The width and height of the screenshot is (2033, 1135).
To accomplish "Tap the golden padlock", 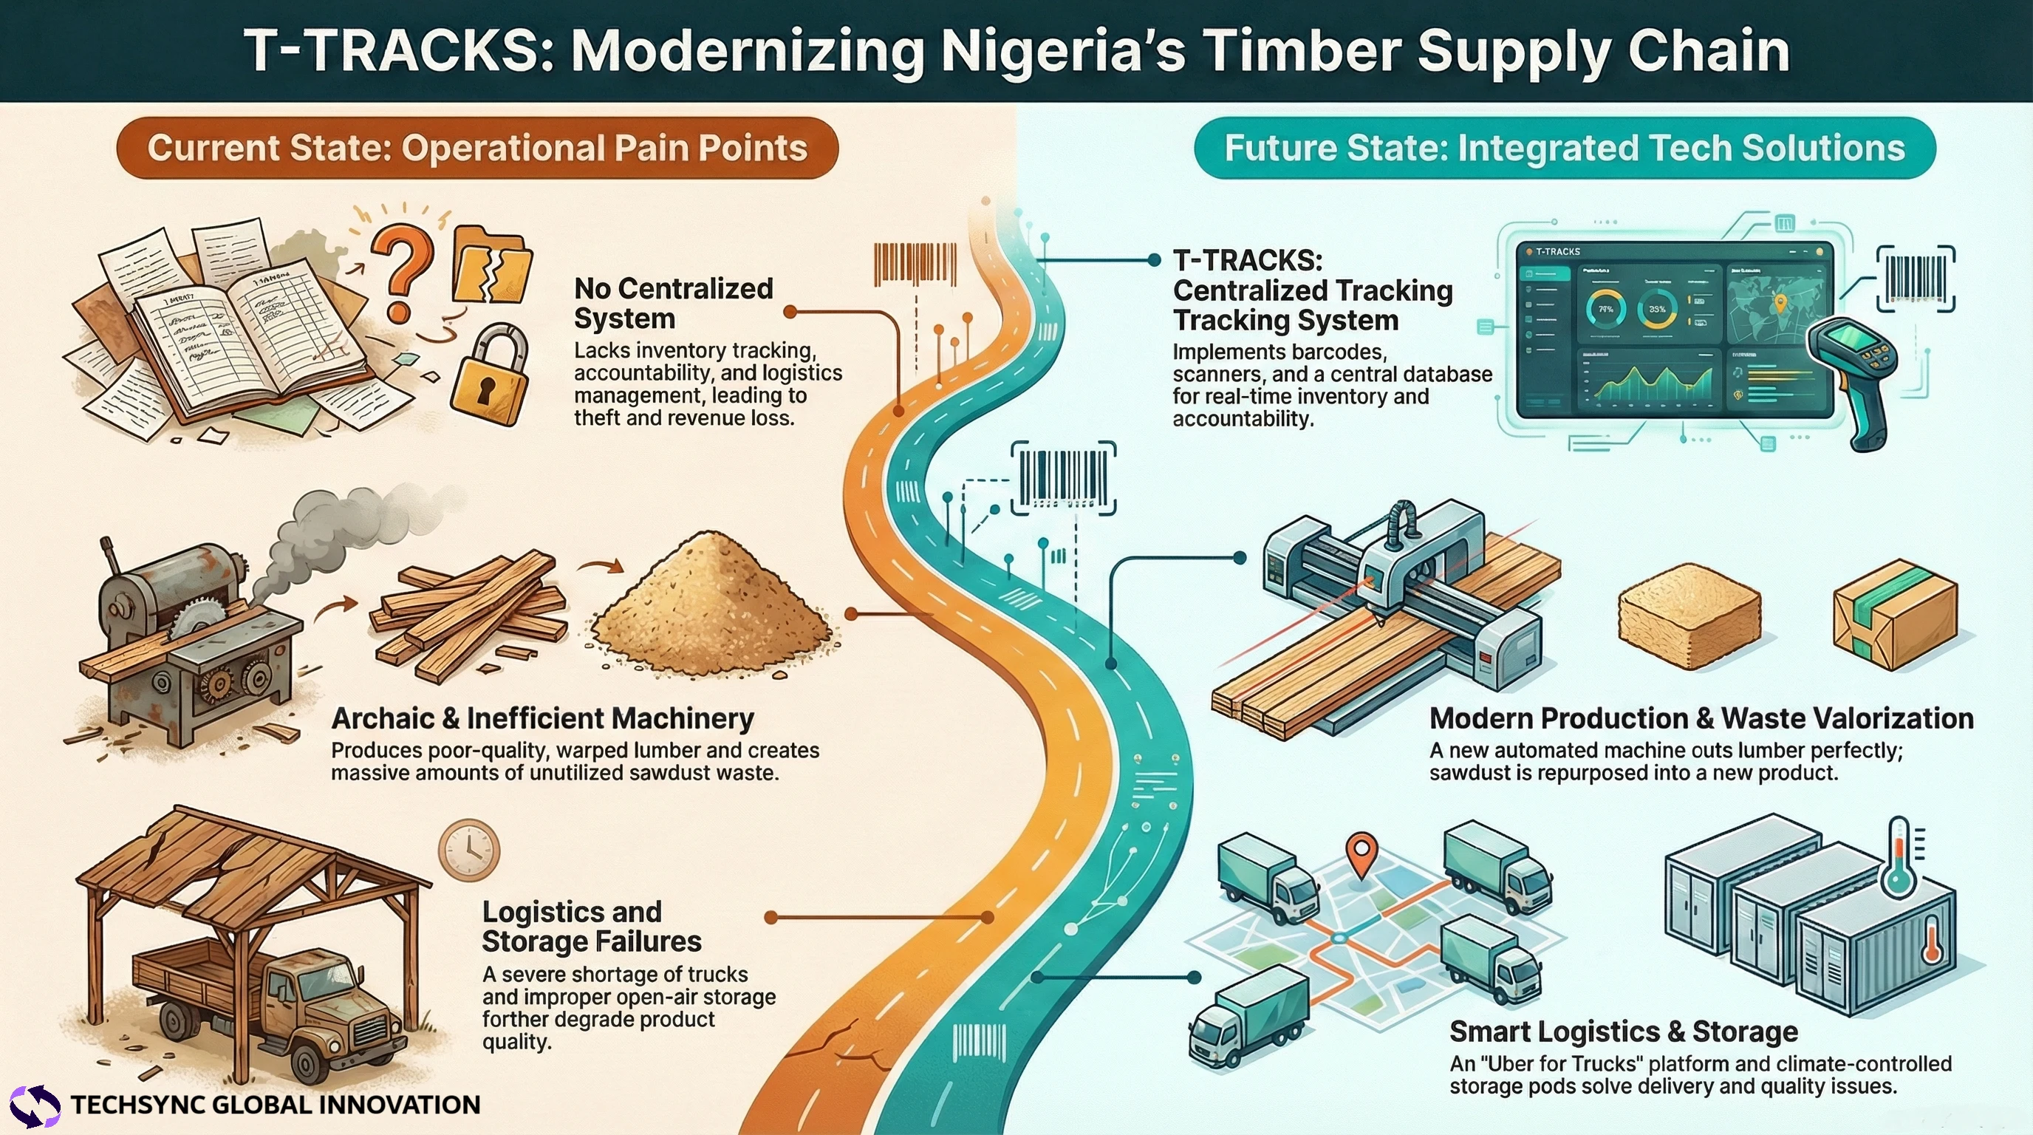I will tap(488, 379).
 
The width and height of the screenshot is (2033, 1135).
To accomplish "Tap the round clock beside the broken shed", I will tap(469, 850).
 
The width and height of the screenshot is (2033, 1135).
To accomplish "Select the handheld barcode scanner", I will tap(1851, 371).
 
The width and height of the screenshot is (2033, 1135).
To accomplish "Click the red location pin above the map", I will tap(1361, 853).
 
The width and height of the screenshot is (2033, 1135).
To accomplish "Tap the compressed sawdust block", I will tap(1689, 616).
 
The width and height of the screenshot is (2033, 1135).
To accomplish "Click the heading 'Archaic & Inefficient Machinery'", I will tap(542, 718).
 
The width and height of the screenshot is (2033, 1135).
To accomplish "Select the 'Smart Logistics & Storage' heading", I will tap(1624, 1032).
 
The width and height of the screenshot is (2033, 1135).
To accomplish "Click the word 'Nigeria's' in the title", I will tap(1063, 50).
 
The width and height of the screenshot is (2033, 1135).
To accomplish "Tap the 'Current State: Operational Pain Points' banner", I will tap(476, 149).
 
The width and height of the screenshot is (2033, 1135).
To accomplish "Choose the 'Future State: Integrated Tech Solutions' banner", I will tap(1564, 149).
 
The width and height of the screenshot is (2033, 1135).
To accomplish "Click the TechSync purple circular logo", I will tap(34, 1105).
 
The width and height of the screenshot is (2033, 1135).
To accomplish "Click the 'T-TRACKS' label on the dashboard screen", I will tap(1557, 252).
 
